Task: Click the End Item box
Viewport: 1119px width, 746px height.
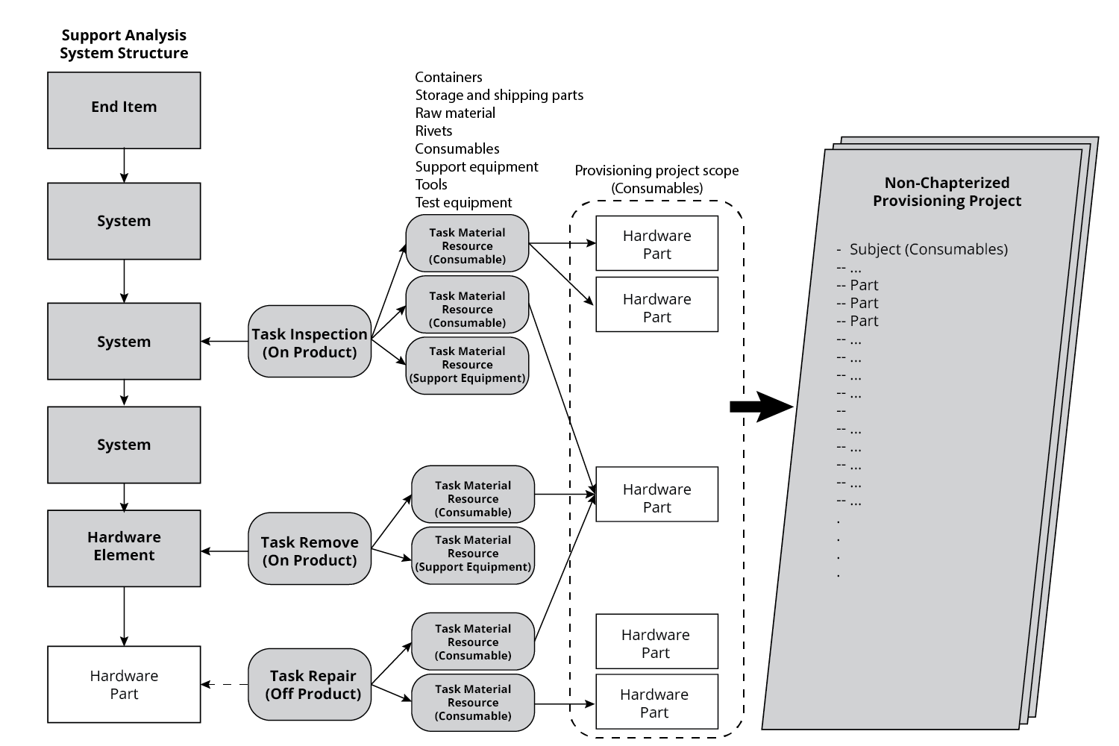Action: pyautogui.click(x=124, y=110)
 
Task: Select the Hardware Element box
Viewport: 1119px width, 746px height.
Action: pyautogui.click(x=124, y=548)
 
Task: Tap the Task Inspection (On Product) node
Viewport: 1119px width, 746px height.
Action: pyautogui.click(x=310, y=342)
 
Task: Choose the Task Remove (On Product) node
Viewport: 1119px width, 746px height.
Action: pyautogui.click(x=310, y=550)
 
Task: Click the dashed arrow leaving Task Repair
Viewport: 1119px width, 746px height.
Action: pyautogui.click(x=225, y=684)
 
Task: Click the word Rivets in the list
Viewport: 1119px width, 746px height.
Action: pyautogui.click(x=433, y=131)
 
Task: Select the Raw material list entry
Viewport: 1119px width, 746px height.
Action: pyautogui.click(x=455, y=113)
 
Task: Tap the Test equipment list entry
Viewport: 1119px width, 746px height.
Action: pyautogui.click(x=463, y=202)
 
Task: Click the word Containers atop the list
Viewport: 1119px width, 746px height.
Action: pyautogui.click(x=448, y=77)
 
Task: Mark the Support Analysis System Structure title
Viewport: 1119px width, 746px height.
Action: pyautogui.click(x=124, y=44)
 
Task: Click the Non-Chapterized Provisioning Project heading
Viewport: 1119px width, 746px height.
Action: pyautogui.click(x=947, y=192)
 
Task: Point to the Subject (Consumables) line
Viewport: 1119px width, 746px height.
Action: pyautogui.click(x=928, y=249)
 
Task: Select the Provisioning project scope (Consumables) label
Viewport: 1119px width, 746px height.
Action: pyautogui.click(x=656, y=179)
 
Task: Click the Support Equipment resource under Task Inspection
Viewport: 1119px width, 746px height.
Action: pyautogui.click(x=467, y=365)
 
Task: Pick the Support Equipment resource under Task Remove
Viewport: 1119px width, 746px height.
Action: pyautogui.click(x=473, y=554)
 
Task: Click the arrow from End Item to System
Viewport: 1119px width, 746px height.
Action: pyautogui.click(x=124, y=165)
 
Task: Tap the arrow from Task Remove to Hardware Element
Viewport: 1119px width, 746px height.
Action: pyautogui.click(x=225, y=551)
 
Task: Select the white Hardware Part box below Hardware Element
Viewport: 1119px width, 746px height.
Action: pyautogui.click(x=124, y=684)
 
